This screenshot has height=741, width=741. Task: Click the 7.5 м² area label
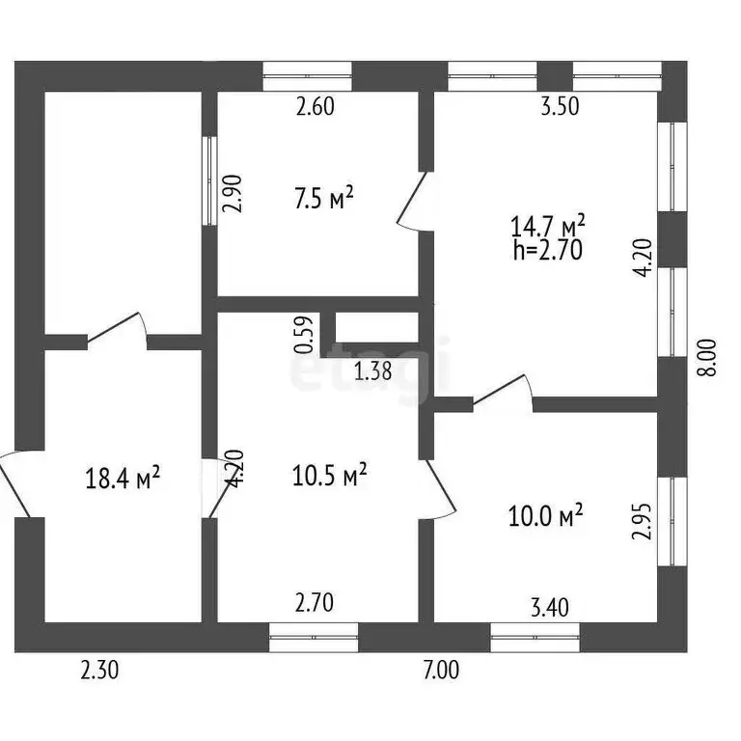[x=324, y=199]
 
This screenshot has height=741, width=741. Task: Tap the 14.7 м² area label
[x=548, y=226]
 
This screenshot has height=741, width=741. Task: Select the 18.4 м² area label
[x=123, y=479]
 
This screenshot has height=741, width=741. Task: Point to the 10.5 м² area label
[x=329, y=475]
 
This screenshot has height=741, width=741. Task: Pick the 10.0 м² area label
[x=545, y=515]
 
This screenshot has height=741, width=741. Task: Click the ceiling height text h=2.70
[x=548, y=250]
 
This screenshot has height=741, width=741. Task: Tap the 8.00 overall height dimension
[x=708, y=357]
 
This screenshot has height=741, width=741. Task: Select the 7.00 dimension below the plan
[x=441, y=671]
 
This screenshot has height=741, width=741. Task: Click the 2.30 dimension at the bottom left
[x=99, y=671]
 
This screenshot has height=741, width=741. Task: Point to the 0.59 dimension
[x=304, y=335]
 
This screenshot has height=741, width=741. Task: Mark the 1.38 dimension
[x=372, y=370]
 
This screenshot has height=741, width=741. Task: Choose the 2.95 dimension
[x=643, y=521]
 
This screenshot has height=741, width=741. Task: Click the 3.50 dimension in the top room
[x=560, y=106]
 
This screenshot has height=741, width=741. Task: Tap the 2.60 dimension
[x=316, y=106]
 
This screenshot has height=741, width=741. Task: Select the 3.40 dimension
[x=550, y=608]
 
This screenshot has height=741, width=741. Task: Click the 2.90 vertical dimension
[x=233, y=194]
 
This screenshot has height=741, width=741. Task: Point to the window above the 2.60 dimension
[x=307, y=76]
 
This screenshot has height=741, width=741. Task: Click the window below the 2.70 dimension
[x=314, y=638]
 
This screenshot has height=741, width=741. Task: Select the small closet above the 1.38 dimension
[x=376, y=327]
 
